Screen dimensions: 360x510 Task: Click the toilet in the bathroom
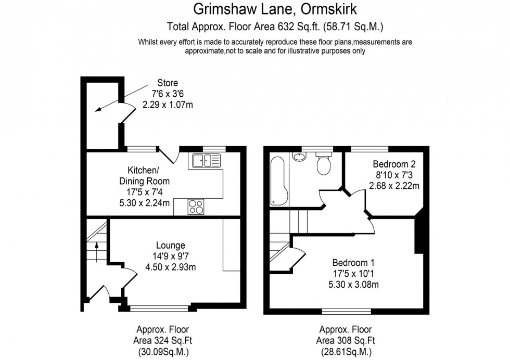coord(323,165)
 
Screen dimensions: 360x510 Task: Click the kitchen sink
coord(207,161)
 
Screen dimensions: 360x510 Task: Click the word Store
coord(168,83)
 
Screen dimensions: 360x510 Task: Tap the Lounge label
coord(170,246)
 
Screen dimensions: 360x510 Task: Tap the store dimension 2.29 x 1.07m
coord(168,105)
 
